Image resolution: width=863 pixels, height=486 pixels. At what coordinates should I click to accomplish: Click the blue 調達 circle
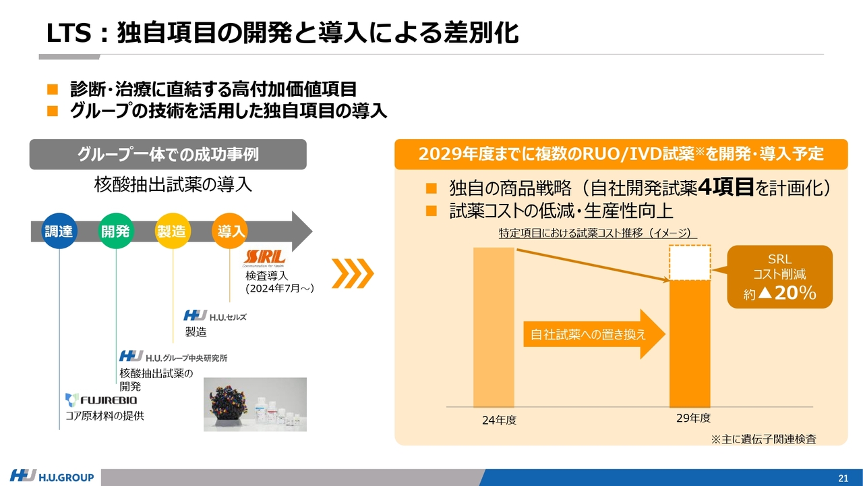pos(59,231)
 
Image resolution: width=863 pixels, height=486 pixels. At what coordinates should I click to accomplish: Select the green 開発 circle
pos(115,231)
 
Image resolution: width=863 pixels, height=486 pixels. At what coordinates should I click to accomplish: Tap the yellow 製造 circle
pos(172,231)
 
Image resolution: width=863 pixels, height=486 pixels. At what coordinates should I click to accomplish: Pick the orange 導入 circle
pos(230,231)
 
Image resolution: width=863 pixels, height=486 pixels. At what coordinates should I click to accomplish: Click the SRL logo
pos(264,258)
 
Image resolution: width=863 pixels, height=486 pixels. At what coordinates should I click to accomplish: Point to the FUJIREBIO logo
pos(101,400)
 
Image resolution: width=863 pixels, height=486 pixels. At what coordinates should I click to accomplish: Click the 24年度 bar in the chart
pos(494,327)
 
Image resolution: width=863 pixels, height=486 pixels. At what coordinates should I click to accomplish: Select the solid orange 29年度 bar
pos(690,344)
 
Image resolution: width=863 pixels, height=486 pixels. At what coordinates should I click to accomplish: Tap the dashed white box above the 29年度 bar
pos(690,263)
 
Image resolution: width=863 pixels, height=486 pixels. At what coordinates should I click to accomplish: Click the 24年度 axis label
pos(499,420)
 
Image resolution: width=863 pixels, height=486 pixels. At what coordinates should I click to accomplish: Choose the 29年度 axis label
pos(693,418)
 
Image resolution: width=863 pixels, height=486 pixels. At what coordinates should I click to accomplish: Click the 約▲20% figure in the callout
pos(779,293)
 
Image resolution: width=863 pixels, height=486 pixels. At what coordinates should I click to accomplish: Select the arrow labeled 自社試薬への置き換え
pos(594,334)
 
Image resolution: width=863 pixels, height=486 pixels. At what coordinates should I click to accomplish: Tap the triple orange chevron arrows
pos(353,273)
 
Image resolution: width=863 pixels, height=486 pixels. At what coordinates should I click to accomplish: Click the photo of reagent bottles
pos(255,404)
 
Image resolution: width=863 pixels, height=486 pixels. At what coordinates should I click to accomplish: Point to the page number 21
pos(843,479)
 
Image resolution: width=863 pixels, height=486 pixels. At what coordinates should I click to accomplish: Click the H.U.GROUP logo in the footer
pos(52,477)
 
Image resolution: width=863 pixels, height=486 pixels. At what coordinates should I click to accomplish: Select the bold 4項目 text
pos(725,188)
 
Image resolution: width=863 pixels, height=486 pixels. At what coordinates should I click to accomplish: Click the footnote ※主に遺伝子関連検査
pos(763,439)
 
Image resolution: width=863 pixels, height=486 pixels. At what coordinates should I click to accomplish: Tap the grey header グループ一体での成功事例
pos(168,155)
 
